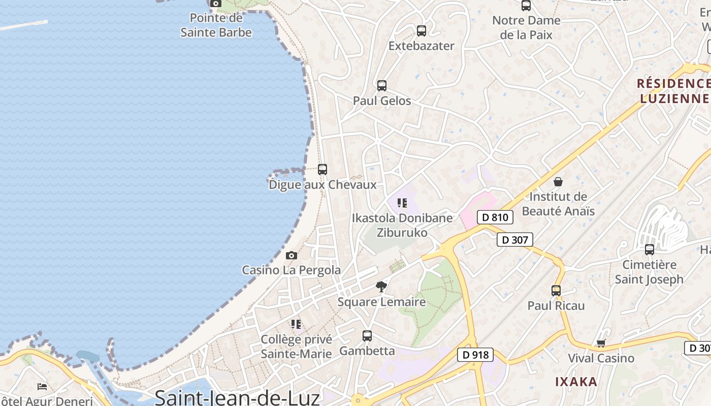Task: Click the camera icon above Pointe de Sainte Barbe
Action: tap(216, 4)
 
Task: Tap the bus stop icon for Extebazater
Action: tap(421, 31)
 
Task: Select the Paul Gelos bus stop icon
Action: tap(382, 86)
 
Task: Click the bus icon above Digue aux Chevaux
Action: tap(322, 170)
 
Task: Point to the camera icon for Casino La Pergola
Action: tap(291, 255)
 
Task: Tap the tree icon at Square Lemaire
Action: tap(381, 287)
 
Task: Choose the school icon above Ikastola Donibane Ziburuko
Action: tap(402, 204)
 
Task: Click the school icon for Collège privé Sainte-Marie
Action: tap(296, 324)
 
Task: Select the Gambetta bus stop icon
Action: tap(367, 336)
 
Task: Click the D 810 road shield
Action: tap(495, 218)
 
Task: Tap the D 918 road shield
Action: tap(475, 355)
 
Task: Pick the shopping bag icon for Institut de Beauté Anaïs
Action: tap(558, 182)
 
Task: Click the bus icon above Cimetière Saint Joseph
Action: tap(649, 250)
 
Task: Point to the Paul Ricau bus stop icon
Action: tap(556, 291)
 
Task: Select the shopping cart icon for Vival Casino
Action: tap(601, 344)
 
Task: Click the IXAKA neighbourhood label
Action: tap(576, 382)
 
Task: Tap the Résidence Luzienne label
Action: tap(673, 90)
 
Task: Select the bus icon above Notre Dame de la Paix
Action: tap(526, 6)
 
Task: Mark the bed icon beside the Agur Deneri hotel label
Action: tap(42, 387)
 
